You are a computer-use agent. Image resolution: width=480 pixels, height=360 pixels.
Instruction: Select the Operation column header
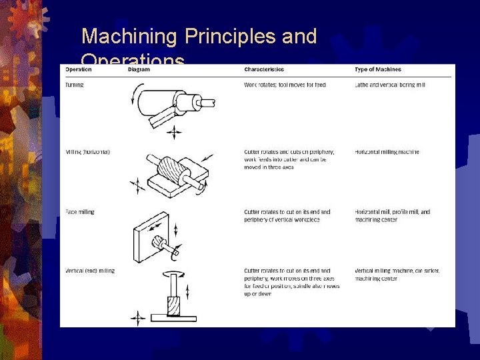[79, 69]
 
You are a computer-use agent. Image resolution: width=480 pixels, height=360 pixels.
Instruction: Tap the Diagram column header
[139, 69]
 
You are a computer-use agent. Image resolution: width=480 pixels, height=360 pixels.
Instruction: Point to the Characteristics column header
[264, 69]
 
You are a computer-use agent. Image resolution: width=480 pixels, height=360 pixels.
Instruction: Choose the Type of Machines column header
[379, 69]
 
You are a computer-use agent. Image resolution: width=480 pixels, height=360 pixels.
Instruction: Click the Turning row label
[75, 85]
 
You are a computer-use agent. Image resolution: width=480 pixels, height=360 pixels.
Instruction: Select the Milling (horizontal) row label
[88, 152]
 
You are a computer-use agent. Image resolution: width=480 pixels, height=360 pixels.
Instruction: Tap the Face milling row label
[80, 212]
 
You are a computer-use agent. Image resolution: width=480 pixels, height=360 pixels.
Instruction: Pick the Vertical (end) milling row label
[90, 271]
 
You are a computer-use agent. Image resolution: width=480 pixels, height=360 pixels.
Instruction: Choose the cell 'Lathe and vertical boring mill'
[390, 85]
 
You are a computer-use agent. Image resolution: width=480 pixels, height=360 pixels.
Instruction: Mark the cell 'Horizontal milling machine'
[387, 152]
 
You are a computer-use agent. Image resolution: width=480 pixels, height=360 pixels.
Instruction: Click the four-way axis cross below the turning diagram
[174, 133]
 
